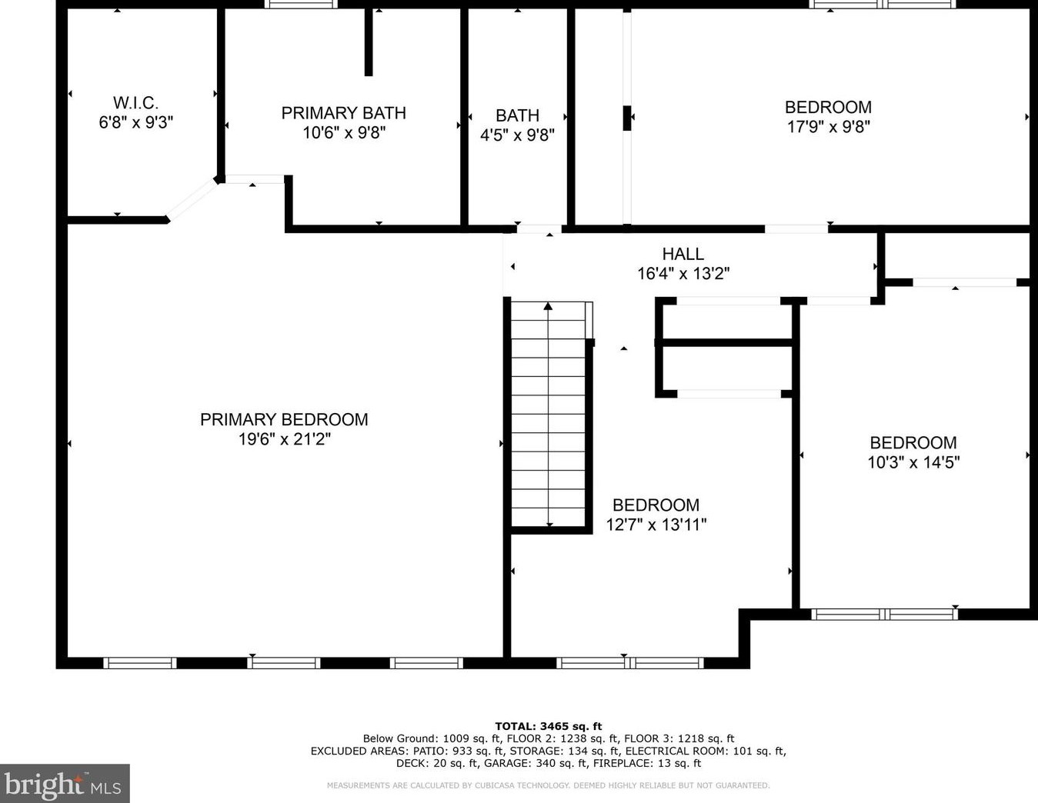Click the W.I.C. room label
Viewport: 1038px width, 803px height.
point(135,102)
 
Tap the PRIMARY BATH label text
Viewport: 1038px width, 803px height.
point(343,113)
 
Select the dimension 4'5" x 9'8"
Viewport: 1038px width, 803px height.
point(517,135)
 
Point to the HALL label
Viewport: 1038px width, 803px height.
point(683,254)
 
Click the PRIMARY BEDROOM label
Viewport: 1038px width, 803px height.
point(284,419)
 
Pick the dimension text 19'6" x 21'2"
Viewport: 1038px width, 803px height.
point(284,439)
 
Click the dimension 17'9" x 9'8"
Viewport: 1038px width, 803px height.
point(828,127)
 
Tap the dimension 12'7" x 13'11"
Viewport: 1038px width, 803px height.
point(656,525)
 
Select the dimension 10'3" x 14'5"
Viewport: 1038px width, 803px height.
point(913,462)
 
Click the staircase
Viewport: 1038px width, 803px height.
point(549,415)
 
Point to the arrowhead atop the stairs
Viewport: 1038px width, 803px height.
point(548,306)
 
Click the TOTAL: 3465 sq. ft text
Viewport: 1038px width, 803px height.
point(549,727)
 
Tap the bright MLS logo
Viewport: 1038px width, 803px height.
point(64,782)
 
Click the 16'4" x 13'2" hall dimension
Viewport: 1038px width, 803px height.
point(683,274)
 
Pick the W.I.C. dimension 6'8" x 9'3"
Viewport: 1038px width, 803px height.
point(135,123)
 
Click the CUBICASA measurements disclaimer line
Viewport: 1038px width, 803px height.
point(549,785)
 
